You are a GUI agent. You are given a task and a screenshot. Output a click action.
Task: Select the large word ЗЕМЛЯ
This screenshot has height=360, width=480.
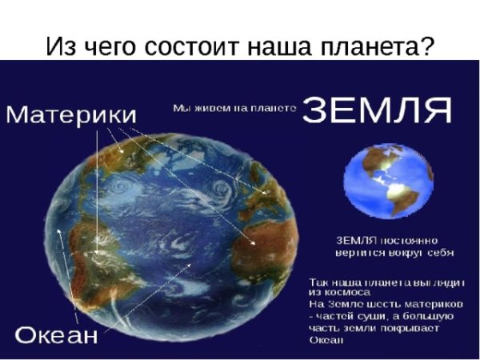[x=377, y=110]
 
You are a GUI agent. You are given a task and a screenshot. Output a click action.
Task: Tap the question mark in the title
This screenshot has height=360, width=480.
[x=426, y=46]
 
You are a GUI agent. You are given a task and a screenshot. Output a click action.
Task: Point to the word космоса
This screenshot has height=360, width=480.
[x=338, y=294]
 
